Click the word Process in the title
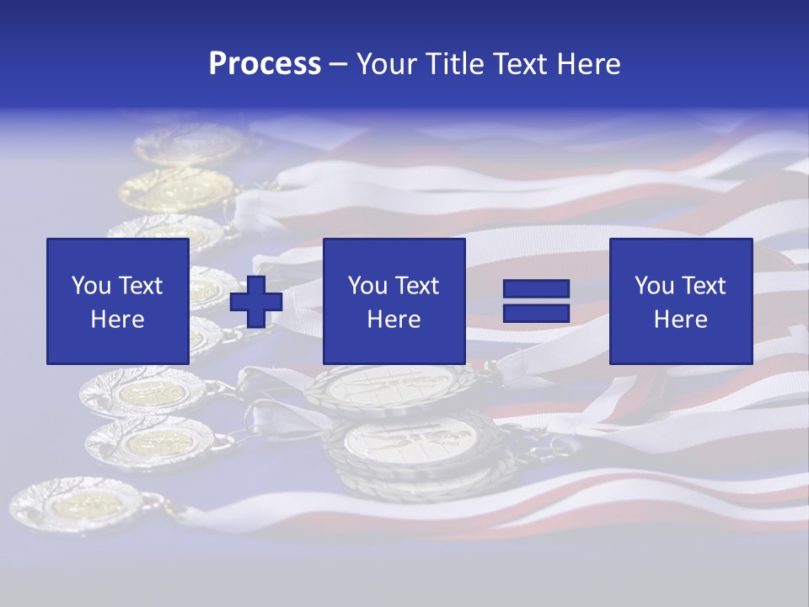coord(265,64)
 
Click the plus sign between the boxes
coord(256,301)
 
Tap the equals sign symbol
coord(536,301)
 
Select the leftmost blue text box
coord(118,301)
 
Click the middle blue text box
coord(394,301)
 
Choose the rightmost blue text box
coord(680,301)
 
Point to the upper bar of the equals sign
coord(536,289)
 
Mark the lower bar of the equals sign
coord(536,313)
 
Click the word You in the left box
coord(91,286)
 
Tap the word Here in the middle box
coord(394,320)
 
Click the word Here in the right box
coord(680,320)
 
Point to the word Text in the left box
coord(140,286)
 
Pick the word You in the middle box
coord(367,286)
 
